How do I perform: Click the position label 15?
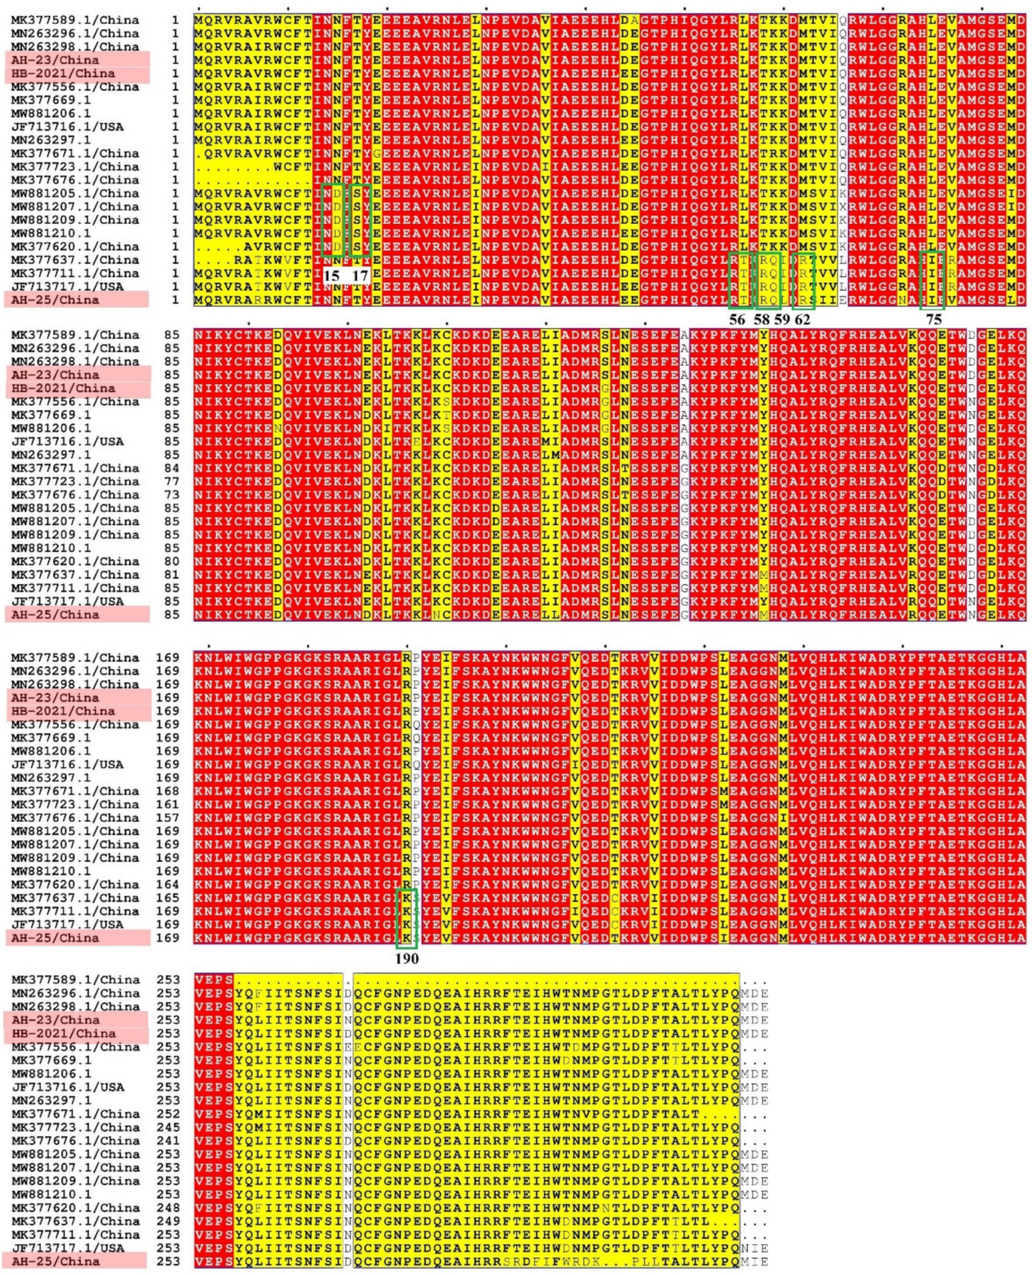click(332, 276)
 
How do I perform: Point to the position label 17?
click(361, 276)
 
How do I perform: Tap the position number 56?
click(737, 319)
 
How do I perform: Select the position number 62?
click(802, 319)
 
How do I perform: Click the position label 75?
click(934, 319)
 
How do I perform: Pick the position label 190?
click(407, 958)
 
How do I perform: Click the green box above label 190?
click(407, 918)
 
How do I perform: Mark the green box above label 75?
click(932, 280)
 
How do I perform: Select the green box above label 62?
click(804, 280)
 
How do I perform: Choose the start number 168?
click(167, 791)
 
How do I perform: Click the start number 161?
click(167, 804)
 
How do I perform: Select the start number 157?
click(167, 817)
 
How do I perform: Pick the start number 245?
click(167, 1127)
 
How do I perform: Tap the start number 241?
click(167, 1141)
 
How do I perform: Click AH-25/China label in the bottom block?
click(55, 1261)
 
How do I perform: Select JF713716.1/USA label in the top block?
click(67, 127)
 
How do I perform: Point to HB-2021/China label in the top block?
click(63, 74)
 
